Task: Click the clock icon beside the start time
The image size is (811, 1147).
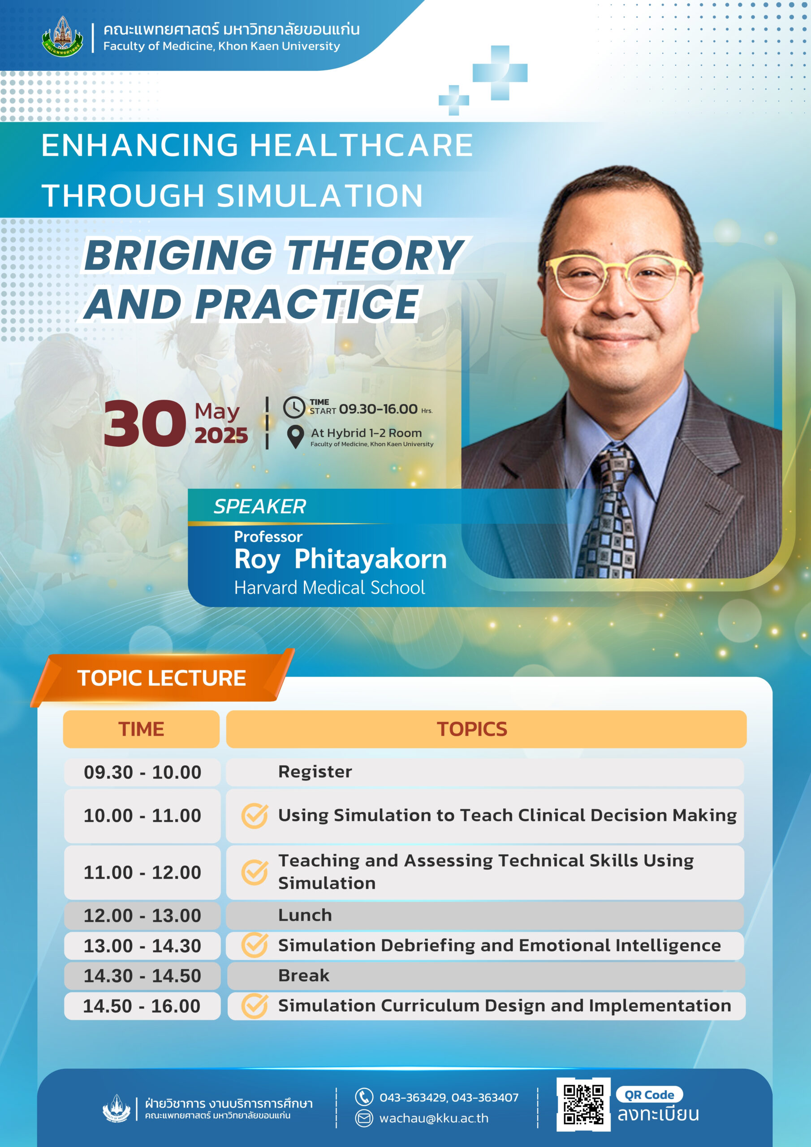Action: [294, 407]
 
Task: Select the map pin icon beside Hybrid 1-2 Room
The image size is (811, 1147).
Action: [296, 436]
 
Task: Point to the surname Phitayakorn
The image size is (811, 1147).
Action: [370, 559]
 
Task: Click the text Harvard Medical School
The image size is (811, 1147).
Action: [330, 587]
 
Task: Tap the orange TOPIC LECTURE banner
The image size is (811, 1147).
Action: [162, 678]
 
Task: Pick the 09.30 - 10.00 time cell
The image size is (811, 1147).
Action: [142, 772]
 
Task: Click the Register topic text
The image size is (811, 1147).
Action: [315, 772]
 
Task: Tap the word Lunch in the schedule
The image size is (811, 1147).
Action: [305, 915]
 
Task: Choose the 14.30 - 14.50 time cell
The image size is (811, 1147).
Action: [142, 976]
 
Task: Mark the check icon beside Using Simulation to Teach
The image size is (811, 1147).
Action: [255, 816]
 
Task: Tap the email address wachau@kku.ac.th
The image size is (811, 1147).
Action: [434, 1118]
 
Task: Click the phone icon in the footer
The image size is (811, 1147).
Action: [364, 1097]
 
